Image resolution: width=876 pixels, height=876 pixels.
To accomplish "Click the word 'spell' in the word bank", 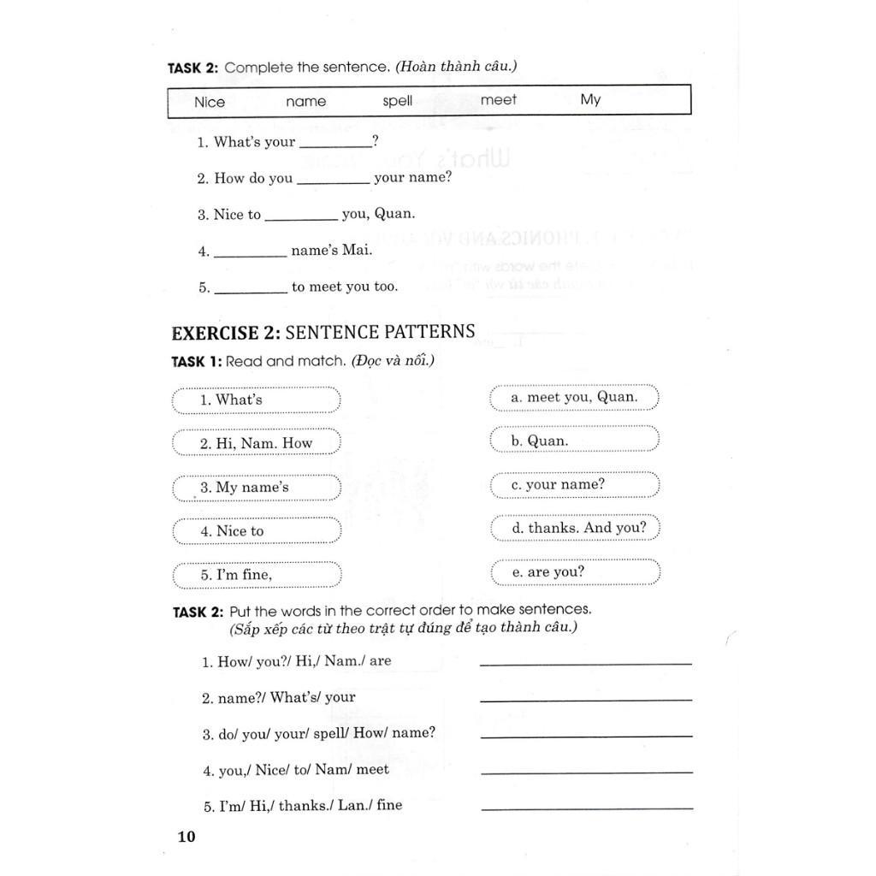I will (398, 101).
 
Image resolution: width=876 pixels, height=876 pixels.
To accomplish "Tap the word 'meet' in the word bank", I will (499, 100).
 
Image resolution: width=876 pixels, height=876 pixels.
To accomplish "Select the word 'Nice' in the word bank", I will (210, 103).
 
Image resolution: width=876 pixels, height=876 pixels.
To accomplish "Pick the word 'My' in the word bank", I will (590, 99).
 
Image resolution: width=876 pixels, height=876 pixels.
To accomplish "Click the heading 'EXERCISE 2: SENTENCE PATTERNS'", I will (323, 332).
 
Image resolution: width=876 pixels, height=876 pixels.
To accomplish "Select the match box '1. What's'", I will (257, 400).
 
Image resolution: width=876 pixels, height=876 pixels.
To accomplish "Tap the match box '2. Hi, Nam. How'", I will (257, 443).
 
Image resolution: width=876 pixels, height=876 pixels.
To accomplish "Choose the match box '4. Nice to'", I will (257, 531).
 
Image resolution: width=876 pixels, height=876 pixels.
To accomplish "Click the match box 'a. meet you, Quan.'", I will (575, 397).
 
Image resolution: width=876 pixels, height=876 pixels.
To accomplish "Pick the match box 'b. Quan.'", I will (575, 441).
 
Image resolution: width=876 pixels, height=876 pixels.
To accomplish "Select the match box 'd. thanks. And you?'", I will (575, 528).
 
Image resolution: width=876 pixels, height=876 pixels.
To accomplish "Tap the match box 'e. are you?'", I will (575, 572).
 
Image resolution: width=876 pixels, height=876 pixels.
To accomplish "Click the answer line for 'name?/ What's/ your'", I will (586, 699).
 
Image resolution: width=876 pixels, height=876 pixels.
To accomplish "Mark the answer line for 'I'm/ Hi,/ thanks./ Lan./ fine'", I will (586, 807).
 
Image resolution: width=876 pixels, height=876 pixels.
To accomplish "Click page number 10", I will (186, 837).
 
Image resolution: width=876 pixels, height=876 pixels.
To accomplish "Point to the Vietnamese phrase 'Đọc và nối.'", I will (392, 361).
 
